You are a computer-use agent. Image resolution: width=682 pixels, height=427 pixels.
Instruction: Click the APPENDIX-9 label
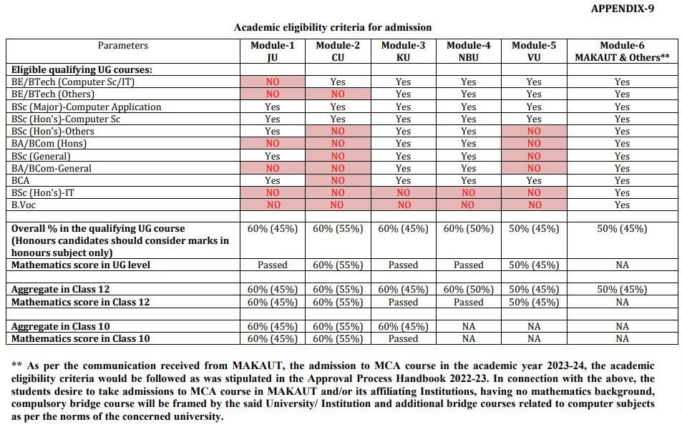click(x=622, y=9)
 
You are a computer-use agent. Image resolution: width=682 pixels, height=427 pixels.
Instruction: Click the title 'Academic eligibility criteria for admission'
click(x=333, y=27)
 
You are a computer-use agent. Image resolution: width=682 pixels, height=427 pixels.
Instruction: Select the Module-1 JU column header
click(x=272, y=51)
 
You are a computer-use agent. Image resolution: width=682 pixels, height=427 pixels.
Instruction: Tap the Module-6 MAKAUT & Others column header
click(x=622, y=51)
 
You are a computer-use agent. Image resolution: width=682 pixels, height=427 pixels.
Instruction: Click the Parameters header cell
click(x=123, y=46)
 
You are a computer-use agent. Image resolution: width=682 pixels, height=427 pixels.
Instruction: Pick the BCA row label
click(x=21, y=180)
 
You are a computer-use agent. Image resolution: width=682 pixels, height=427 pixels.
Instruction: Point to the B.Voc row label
click(x=24, y=205)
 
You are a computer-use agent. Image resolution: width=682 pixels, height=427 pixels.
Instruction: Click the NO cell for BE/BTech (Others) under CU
click(x=338, y=94)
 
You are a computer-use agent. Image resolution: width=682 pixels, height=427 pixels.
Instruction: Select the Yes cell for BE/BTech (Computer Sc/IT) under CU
click(x=338, y=82)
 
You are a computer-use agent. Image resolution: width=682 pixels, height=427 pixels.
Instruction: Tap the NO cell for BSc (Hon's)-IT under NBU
click(x=469, y=192)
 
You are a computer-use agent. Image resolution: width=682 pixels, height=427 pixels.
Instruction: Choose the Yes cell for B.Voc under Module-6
click(x=622, y=205)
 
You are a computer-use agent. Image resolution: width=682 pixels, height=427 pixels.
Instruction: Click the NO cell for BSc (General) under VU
click(x=534, y=156)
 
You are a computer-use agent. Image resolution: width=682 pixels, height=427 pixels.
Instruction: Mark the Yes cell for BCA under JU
click(x=272, y=180)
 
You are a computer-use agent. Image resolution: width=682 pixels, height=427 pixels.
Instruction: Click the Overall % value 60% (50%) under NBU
click(x=469, y=229)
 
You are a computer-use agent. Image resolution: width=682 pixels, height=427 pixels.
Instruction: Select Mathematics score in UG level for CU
click(x=338, y=265)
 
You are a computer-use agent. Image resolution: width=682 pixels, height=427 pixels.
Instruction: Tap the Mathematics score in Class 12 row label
click(x=80, y=303)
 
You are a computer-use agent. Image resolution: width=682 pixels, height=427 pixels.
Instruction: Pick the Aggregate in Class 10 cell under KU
click(x=403, y=327)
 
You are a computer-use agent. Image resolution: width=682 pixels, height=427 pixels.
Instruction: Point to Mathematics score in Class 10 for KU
click(x=403, y=339)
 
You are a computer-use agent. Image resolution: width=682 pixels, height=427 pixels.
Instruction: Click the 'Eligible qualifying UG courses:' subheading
click(x=82, y=69)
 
